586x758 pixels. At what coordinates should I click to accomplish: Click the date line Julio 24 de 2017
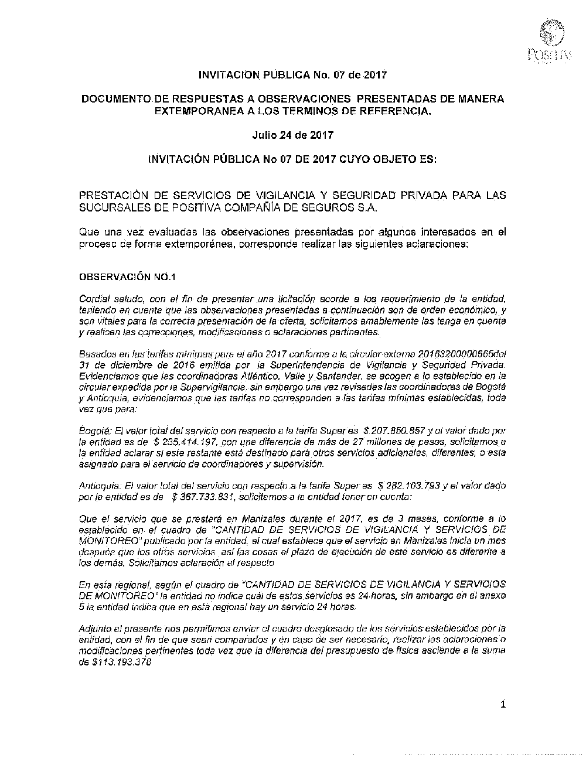(x=292, y=135)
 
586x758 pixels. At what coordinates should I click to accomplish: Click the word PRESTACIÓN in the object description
(x=117, y=195)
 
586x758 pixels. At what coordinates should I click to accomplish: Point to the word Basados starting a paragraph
(x=96, y=355)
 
